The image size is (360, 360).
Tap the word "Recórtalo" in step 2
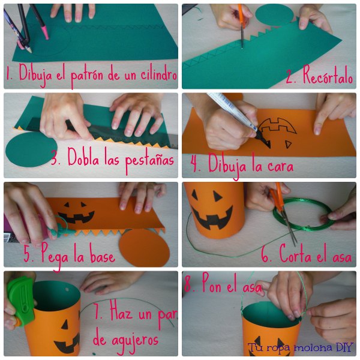click(328, 76)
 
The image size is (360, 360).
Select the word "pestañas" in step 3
click(149, 159)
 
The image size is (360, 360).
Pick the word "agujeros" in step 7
click(126, 340)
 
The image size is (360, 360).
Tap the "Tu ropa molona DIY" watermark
click(299, 347)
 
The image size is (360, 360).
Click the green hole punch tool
click(20, 298)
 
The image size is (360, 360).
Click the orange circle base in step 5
click(145, 248)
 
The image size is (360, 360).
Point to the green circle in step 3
click(31, 149)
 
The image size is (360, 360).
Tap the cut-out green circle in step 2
click(274, 15)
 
